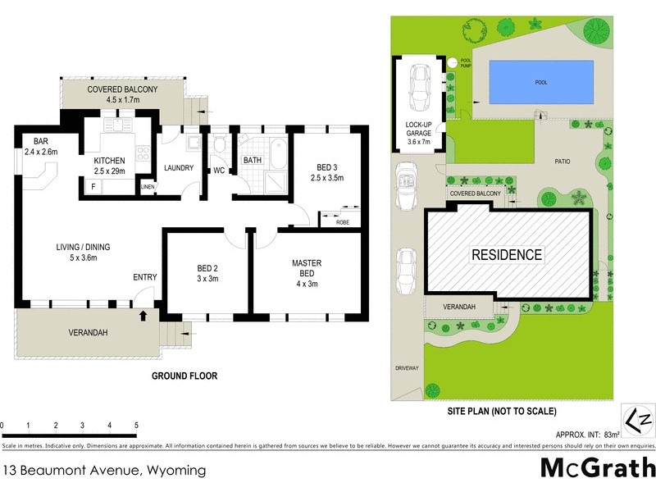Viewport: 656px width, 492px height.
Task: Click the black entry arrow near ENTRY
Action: tap(144, 314)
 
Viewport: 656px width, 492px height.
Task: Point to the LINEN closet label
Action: tap(148, 187)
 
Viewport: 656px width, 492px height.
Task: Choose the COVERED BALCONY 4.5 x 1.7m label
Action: tap(122, 95)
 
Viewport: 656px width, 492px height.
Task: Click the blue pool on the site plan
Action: tap(541, 82)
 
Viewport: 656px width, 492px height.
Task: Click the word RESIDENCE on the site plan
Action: tap(506, 255)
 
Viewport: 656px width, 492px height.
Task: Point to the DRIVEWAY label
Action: tap(407, 368)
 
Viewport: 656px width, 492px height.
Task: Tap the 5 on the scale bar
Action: tap(136, 426)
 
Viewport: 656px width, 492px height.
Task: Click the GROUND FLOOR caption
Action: tap(184, 376)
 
